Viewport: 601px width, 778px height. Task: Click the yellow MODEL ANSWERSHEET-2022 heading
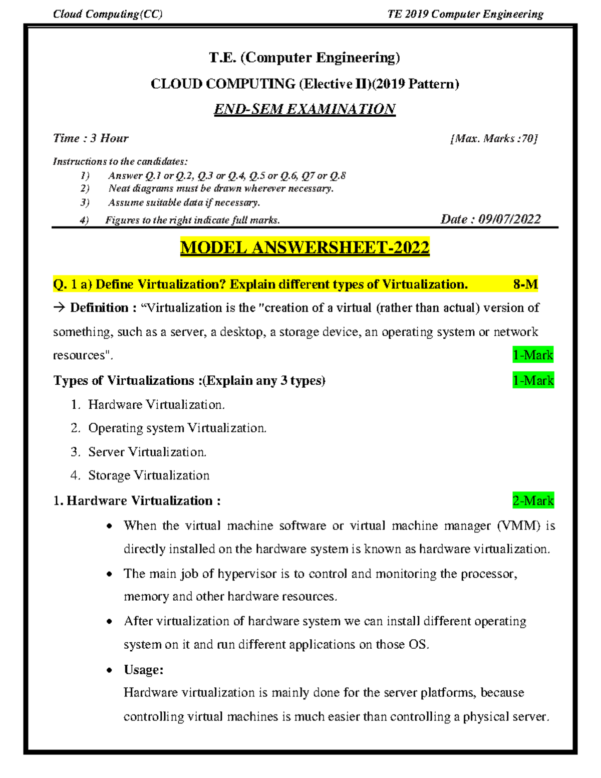point(305,247)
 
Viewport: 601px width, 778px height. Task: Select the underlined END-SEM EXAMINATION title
point(305,109)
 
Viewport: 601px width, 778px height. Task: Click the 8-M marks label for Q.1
point(525,285)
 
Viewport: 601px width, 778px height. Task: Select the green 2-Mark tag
point(533,500)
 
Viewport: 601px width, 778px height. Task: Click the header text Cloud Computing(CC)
point(108,14)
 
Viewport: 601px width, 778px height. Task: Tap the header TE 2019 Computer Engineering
point(465,14)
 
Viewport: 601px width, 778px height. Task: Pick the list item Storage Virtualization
point(149,475)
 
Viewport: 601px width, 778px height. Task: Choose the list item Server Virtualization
point(147,452)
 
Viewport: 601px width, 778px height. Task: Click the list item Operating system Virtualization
point(177,428)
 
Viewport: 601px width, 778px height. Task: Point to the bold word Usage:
point(143,670)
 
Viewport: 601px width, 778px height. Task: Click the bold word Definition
point(99,308)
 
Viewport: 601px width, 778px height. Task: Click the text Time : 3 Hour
point(91,138)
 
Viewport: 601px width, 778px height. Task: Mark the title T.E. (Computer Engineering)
point(305,58)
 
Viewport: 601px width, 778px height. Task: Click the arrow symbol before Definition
point(59,308)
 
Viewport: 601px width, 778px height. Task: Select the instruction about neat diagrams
point(221,188)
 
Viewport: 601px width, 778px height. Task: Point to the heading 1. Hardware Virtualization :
point(137,500)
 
